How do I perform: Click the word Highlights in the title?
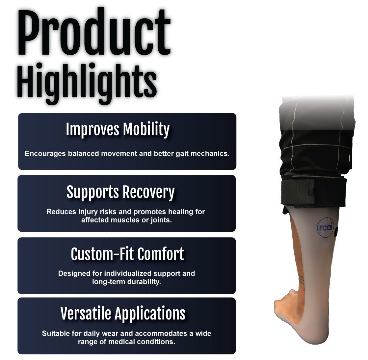pyautogui.click(x=87, y=84)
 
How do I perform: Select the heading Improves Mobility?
pyautogui.click(x=118, y=129)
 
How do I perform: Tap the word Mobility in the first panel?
pyautogui.click(x=146, y=129)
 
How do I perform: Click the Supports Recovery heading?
pyautogui.click(x=120, y=192)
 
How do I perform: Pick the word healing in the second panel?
pyautogui.click(x=180, y=212)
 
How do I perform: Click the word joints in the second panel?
pyautogui.click(x=159, y=220)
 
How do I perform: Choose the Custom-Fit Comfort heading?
pyautogui.click(x=127, y=254)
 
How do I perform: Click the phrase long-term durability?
pyautogui.click(x=126, y=282)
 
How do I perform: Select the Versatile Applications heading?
pyautogui.click(x=123, y=313)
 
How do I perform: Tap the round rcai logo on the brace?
pyautogui.click(x=325, y=227)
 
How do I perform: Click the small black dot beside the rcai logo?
pyautogui.click(x=336, y=232)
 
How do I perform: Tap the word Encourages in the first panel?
pyautogui.click(x=45, y=154)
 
